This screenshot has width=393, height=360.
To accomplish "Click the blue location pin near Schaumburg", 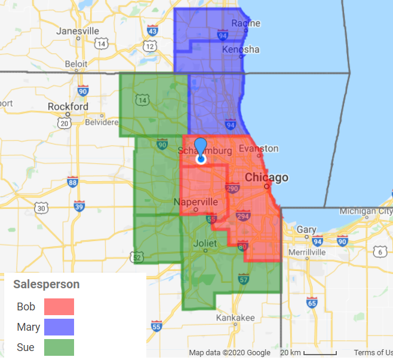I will click(x=201, y=150).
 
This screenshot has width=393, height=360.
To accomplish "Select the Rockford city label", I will click(x=68, y=107).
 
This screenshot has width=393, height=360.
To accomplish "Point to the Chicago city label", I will click(x=266, y=178).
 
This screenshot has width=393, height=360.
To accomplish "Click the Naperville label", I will click(x=196, y=202).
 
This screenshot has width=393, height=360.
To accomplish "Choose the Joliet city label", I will click(x=207, y=243).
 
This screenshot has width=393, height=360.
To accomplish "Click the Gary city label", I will click(x=307, y=230).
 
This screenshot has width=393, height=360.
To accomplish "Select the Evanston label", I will click(x=258, y=148).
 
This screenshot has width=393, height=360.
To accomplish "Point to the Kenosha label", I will click(x=241, y=49).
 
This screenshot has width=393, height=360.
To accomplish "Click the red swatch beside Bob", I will click(x=59, y=307).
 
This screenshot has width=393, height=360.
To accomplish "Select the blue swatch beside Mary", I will click(x=59, y=327).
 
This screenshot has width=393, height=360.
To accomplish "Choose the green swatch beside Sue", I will click(x=59, y=347).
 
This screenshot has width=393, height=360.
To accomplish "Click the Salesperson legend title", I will click(x=47, y=284).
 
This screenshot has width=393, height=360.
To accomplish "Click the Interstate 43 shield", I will click(x=153, y=30).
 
